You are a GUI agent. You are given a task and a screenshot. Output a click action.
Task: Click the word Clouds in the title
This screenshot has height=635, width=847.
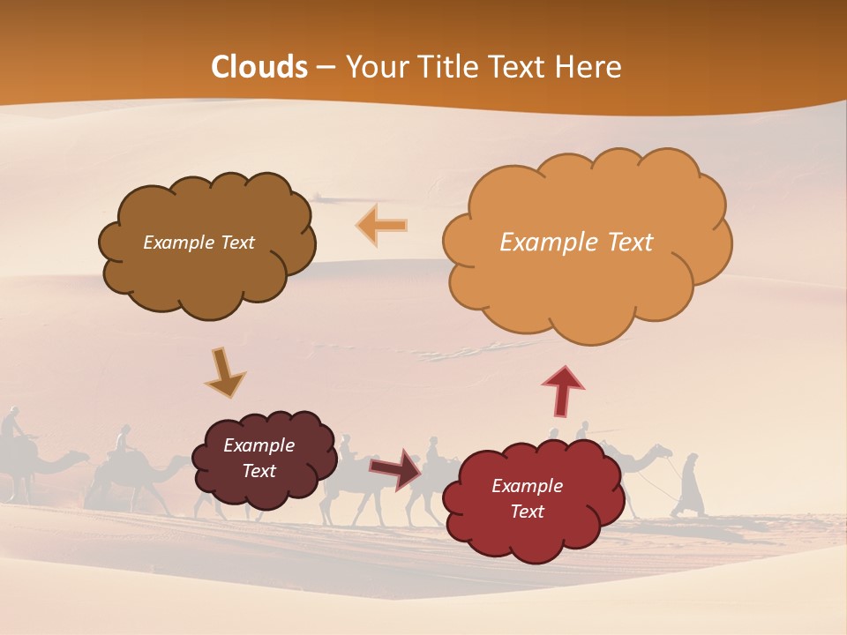coord(259,67)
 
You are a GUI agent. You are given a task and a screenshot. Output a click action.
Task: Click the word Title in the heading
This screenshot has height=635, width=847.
coord(446,67)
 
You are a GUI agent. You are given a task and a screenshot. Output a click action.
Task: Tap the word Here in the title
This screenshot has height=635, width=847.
coord(590,67)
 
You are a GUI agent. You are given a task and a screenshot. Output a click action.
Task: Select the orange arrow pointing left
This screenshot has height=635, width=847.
coord(381,225)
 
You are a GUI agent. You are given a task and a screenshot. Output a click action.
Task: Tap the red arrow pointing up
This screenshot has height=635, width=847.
coord(563,391)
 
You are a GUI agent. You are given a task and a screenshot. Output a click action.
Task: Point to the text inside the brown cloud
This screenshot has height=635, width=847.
coord(199,243)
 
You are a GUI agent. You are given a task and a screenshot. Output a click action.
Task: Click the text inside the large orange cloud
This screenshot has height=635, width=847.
coord(576,243)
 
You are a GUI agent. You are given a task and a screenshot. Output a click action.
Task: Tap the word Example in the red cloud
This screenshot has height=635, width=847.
coord(527,486)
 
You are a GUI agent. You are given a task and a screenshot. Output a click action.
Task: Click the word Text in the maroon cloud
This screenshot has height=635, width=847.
coord(259,471)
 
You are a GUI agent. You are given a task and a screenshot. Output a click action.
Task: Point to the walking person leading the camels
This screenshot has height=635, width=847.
coord(691,485)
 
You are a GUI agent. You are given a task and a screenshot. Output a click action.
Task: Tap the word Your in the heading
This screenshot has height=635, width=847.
coord(376,67)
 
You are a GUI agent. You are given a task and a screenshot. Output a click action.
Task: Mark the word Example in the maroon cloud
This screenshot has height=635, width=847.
coord(259,445)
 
